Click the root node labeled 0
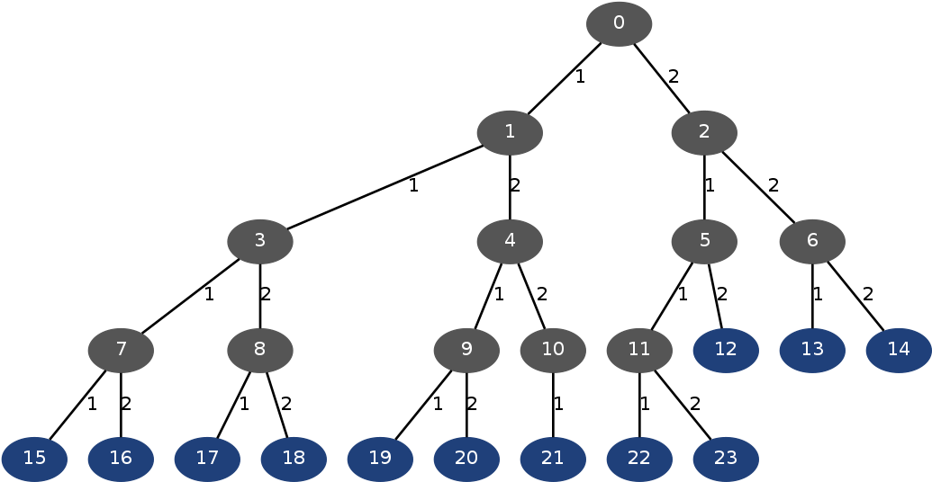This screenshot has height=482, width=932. click(x=619, y=24)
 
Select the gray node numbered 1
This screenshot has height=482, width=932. click(x=510, y=133)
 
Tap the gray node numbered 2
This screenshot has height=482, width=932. click(x=704, y=133)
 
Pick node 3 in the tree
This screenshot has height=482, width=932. click(x=260, y=241)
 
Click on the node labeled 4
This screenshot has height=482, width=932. click(x=510, y=241)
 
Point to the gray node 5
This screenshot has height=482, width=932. click(x=704, y=241)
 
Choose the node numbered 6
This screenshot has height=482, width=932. click(x=812, y=241)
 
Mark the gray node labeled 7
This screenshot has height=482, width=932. click(x=121, y=350)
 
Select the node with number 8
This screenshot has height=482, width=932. click(x=260, y=350)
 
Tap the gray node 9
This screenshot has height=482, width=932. click(x=466, y=350)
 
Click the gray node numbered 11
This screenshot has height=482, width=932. click(x=639, y=350)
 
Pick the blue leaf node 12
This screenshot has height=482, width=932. click(x=726, y=350)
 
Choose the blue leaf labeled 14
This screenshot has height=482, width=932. click(x=899, y=350)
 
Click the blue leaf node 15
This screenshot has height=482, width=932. click(x=34, y=459)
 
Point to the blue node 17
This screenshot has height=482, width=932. click(x=207, y=459)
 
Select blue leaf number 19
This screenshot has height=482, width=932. click(x=380, y=459)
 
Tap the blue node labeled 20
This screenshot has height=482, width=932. click(x=466, y=459)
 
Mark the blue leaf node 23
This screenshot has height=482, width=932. click(x=726, y=459)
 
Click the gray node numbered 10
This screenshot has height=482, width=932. click(x=553, y=350)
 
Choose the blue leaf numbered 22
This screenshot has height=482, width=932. click(x=639, y=459)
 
